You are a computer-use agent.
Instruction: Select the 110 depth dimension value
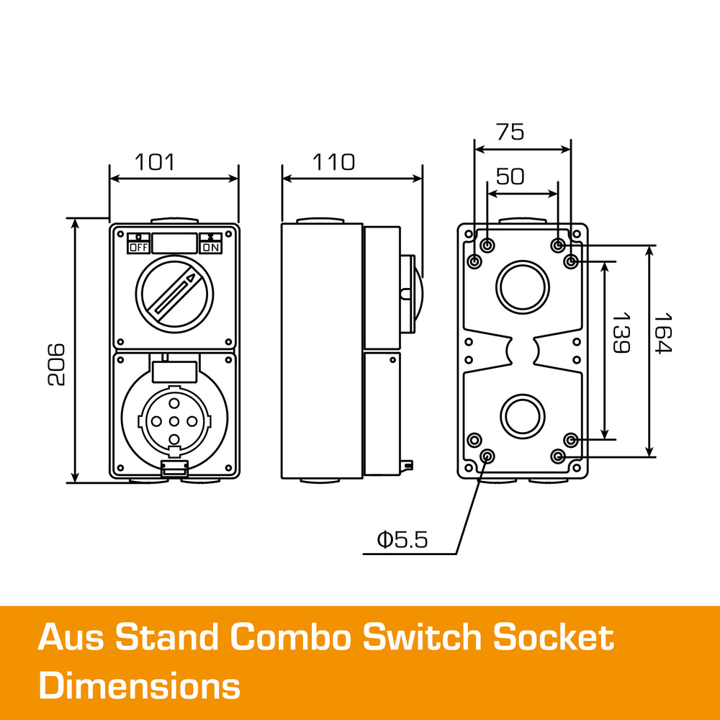point(333,162)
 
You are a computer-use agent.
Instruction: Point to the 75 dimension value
point(510,132)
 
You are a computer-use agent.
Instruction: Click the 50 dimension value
point(510,176)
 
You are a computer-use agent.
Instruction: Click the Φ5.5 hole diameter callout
point(402,539)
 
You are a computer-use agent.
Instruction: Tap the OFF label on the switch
point(138,247)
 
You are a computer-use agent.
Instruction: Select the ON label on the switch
point(211,247)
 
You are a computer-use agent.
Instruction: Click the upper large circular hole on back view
point(522,287)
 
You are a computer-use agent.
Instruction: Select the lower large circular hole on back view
point(522,416)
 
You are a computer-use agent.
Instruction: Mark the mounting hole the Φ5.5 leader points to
point(487,456)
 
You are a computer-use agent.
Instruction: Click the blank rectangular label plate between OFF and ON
point(174,243)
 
